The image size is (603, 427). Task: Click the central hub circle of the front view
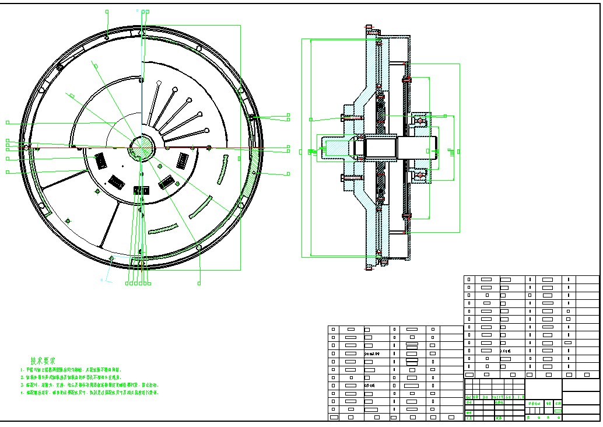(x=141, y=146)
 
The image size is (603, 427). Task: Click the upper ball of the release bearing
(x=420, y=121)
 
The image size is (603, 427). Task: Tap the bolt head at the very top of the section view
(x=369, y=27)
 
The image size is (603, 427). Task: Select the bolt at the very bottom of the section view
(x=369, y=268)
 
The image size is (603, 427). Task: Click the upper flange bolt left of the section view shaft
(x=348, y=118)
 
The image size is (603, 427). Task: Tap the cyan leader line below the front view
(x=108, y=271)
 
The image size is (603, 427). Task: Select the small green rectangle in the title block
(x=558, y=411)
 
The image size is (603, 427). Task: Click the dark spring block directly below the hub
(x=141, y=190)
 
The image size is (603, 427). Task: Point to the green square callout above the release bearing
(x=446, y=117)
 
